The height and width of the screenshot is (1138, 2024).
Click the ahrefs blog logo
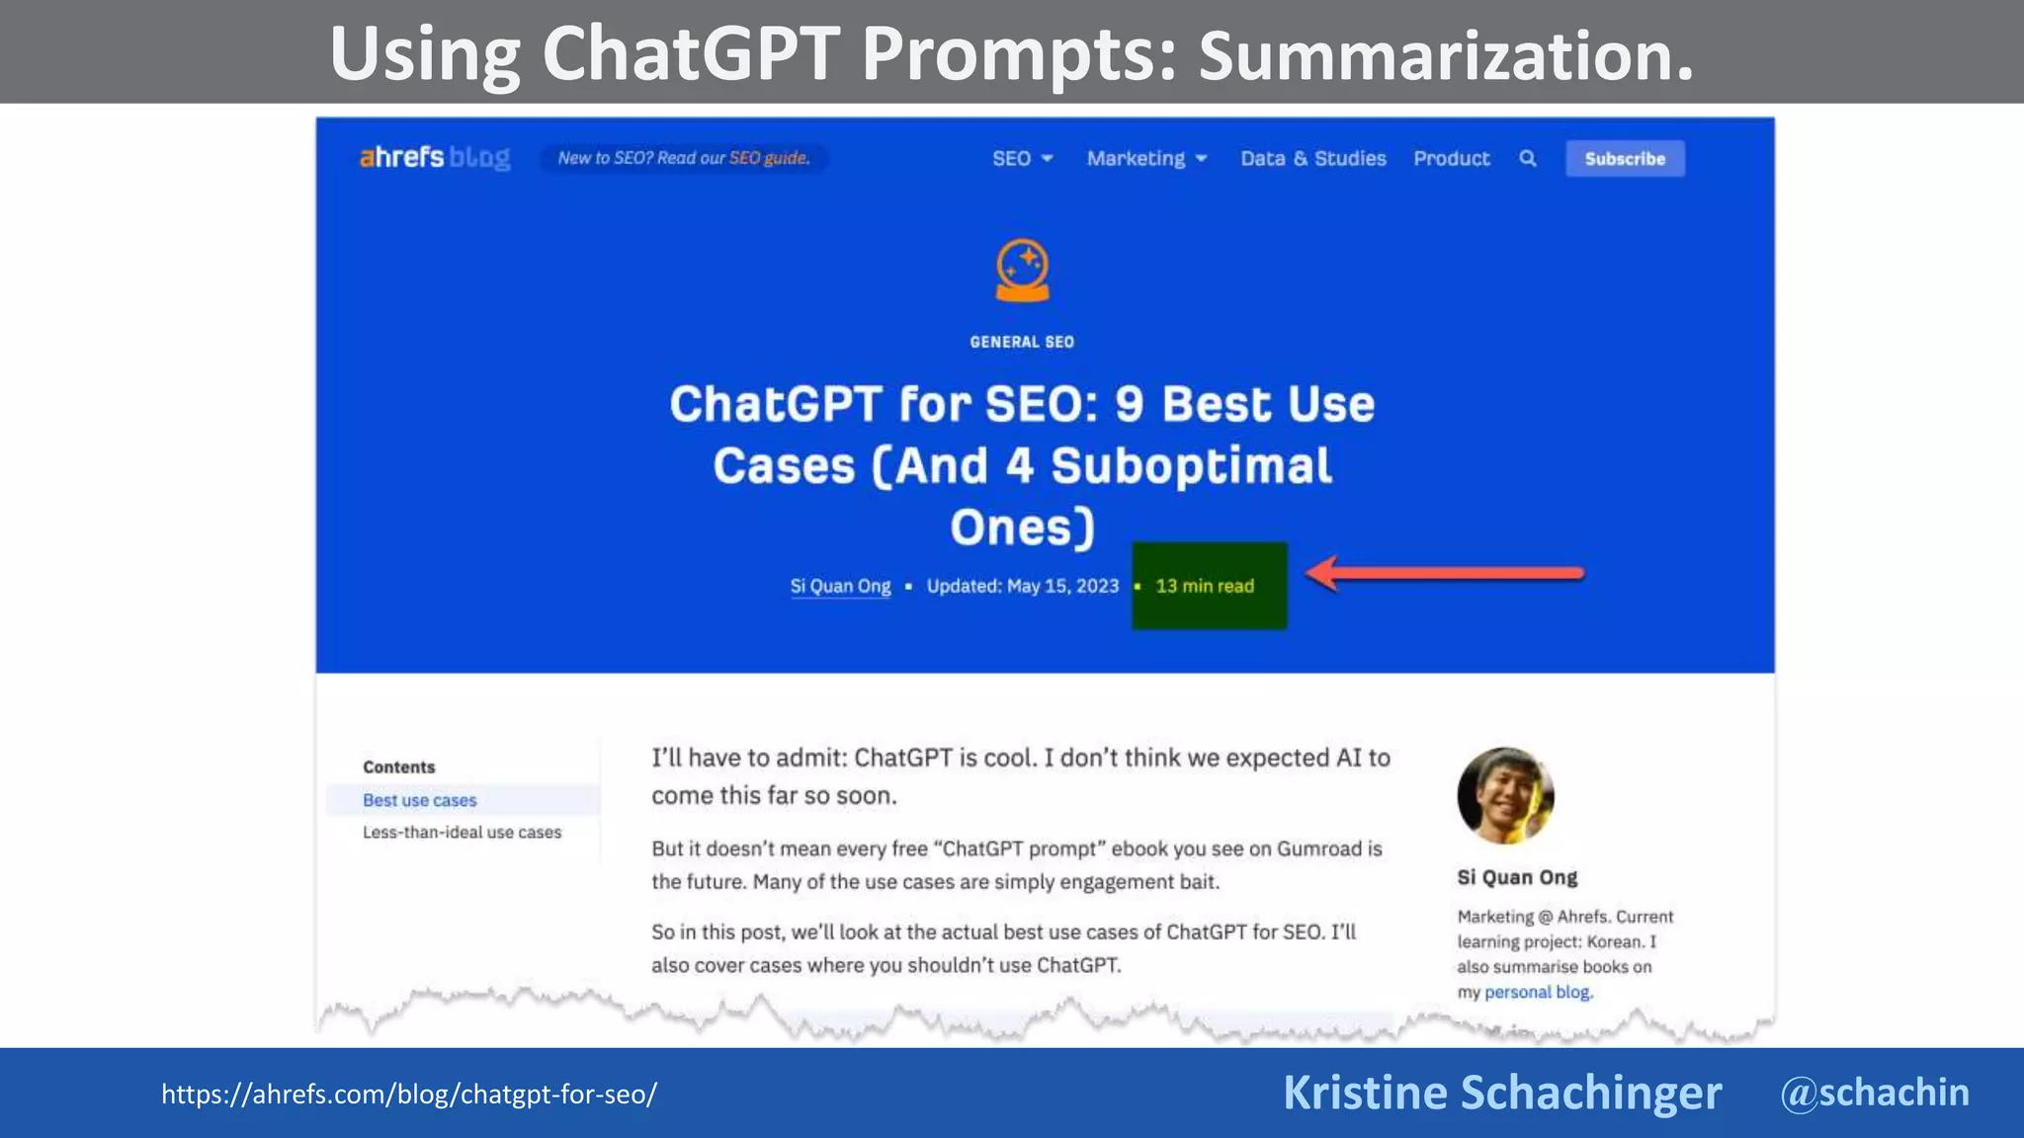[x=435, y=158]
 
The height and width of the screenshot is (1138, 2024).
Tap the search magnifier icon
[x=1528, y=158]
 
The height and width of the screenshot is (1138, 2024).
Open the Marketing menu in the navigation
[x=1146, y=158]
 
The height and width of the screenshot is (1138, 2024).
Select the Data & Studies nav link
[x=1313, y=158]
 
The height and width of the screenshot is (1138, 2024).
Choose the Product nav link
[x=1451, y=158]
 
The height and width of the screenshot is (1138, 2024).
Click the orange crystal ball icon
[x=1022, y=270]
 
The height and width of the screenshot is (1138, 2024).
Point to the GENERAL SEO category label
[x=1022, y=342]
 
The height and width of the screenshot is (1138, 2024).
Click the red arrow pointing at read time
[x=1444, y=573]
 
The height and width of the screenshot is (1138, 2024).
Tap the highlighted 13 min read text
[x=1205, y=586]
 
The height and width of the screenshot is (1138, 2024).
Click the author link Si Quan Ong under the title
[x=840, y=586]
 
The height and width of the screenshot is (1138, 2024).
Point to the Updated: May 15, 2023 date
[x=1023, y=586]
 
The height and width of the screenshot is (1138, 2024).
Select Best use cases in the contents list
[x=419, y=800]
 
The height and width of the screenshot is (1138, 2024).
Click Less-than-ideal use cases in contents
[x=462, y=832]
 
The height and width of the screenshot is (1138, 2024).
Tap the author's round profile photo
[x=1505, y=796]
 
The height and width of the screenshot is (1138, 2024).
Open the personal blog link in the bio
[x=1537, y=992]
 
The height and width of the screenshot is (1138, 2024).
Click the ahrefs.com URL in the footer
[x=409, y=1095]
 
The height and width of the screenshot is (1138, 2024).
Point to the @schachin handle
[x=1874, y=1093]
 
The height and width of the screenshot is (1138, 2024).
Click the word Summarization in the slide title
[x=1446, y=55]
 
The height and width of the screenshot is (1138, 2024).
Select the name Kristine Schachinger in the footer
[x=1502, y=1093]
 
